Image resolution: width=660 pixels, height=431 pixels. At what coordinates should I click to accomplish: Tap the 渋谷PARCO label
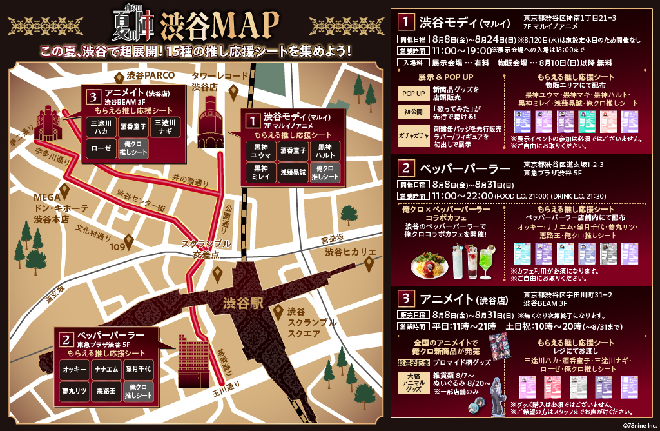(150, 75)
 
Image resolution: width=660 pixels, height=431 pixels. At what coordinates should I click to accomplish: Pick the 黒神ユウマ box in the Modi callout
(261, 151)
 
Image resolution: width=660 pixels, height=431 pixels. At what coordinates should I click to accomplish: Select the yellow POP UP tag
(412, 94)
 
